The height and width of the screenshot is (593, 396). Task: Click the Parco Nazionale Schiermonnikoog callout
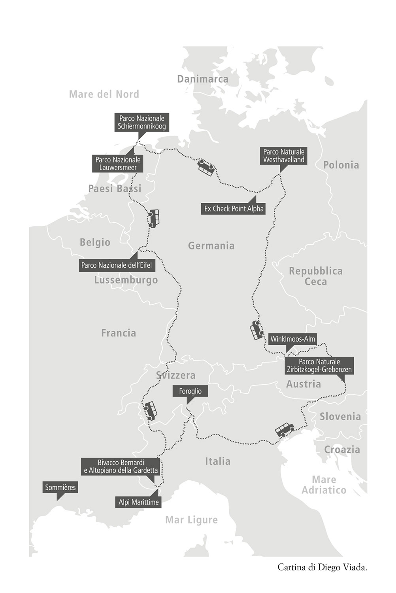coord(141,123)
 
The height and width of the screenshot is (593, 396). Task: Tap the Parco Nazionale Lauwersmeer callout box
coord(118,164)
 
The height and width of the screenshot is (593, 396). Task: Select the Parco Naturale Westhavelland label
coord(284,156)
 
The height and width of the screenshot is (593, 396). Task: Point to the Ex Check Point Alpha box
coord(234,209)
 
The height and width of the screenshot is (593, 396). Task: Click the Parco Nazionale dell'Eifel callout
coord(117,265)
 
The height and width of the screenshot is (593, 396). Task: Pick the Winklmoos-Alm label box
coord(292,339)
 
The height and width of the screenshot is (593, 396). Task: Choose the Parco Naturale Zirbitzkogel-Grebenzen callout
coord(319,366)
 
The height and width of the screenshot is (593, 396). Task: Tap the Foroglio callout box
coord(190,391)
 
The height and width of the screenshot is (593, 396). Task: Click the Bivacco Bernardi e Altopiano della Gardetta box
coord(121,466)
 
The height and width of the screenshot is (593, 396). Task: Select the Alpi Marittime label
coord(139,502)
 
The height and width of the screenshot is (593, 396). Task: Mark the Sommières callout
coord(60,487)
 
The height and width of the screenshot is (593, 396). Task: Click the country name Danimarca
coord(203,79)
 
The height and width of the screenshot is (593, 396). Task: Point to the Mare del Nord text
coord(104,94)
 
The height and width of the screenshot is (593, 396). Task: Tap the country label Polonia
coord(341,165)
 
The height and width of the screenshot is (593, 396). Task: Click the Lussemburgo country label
coord(126,280)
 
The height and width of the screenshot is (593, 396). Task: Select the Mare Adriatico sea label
coord(324,485)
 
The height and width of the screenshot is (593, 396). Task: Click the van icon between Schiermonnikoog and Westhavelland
coord(206,168)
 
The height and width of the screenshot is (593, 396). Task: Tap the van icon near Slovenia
coord(285,429)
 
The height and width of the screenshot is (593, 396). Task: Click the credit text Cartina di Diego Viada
coord(322,567)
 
